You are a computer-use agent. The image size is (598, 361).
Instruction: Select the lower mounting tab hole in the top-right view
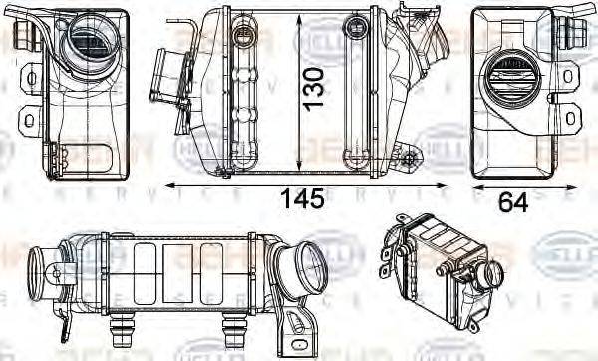[x=569, y=118]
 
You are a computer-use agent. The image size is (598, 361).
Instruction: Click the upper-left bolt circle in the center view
[x=239, y=39]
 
